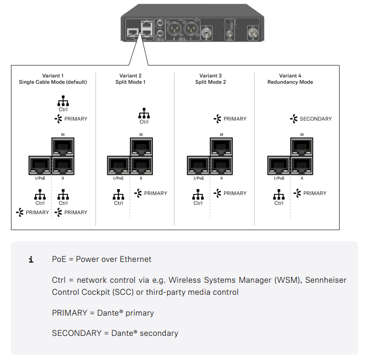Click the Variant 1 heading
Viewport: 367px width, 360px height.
(x=53, y=76)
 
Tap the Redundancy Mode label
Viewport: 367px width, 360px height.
(x=290, y=82)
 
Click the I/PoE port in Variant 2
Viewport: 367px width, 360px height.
(x=118, y=165)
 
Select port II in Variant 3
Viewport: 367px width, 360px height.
(x=221, y=165)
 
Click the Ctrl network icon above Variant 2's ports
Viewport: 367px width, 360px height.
(x=144, y=113)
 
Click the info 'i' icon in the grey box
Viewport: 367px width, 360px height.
(x=31, y=260)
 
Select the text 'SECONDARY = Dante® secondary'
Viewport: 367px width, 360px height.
(x=115, y=333)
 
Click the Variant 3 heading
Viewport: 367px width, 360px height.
(x=211, y=76)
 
